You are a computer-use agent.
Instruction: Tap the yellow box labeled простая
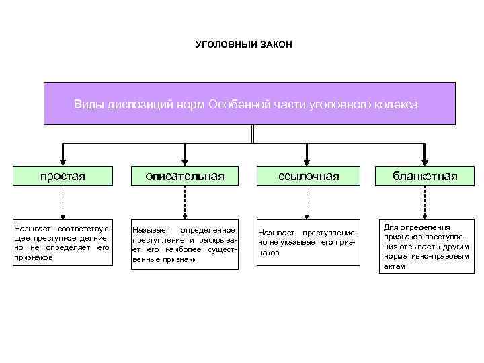coord(63,176)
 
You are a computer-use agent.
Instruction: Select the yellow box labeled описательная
coord(186,176)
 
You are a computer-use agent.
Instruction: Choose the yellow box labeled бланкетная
coord(426,176)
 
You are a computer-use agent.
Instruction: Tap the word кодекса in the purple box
coord(394,105)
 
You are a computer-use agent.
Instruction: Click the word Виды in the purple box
coord(88,105)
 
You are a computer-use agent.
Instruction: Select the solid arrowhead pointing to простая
coord(63,161)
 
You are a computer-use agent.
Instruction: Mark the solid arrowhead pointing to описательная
coord(186,161)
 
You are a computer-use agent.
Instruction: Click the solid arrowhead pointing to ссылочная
coord(307,161)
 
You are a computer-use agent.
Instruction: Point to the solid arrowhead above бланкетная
coord(426,161)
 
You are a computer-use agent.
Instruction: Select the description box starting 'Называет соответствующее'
coord(62,243)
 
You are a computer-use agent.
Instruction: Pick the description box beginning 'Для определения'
coord(426,246)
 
